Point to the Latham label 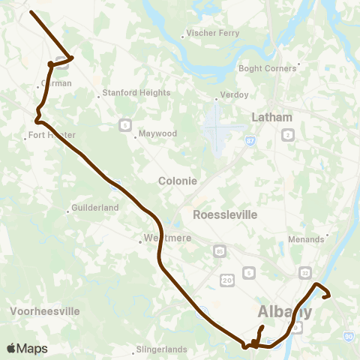271,117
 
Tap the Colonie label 178,181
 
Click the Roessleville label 225,214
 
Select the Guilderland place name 95,207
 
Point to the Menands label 307,239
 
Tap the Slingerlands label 166,349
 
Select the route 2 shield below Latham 288,134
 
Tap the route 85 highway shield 219,250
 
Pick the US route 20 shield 227,279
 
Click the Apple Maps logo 27,348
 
